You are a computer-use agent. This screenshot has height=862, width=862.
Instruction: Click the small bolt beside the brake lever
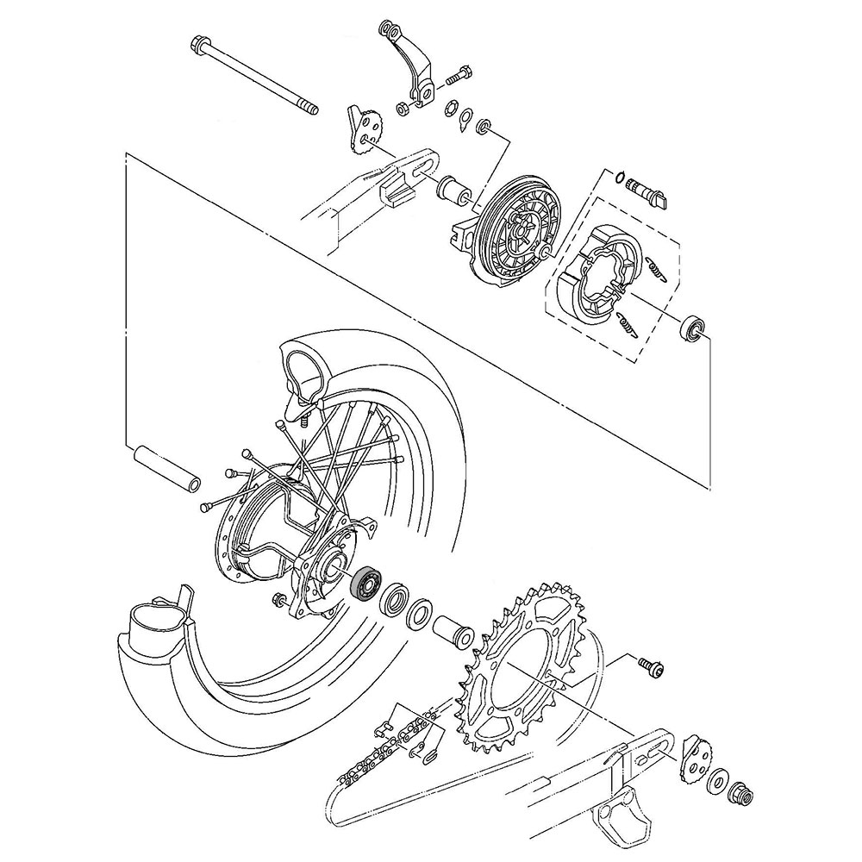[x=457, y=76]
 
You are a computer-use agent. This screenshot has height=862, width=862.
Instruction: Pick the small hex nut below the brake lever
[x=402, y=109]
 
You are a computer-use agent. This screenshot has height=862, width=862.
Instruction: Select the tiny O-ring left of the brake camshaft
[x=621, y=176]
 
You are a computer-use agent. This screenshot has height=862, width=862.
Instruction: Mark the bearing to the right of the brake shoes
[x=694, y=328]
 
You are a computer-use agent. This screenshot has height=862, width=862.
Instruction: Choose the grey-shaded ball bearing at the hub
[x=367, y=583]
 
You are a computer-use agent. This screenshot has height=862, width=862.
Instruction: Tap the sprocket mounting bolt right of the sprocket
[x=651, y=665]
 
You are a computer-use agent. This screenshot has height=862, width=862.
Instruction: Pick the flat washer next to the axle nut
[x=716, y=782]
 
